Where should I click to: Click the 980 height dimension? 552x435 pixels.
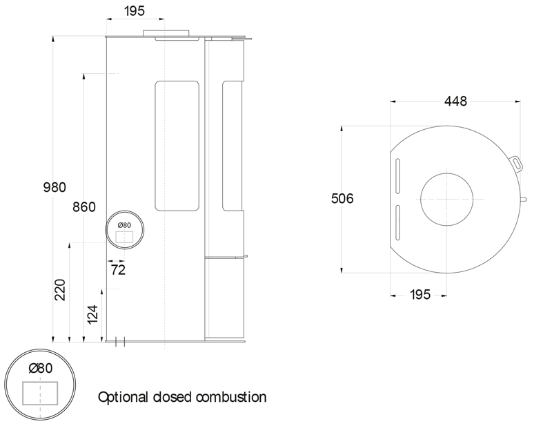[55, 187]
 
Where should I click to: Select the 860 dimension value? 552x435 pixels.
[83, 207]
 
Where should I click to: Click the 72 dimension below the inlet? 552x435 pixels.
[118, 270]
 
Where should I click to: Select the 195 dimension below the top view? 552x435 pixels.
[420, 295]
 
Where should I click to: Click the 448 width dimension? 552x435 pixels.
[455, 101]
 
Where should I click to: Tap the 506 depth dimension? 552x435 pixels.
[342, 199]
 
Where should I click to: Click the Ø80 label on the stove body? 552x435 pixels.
[124, 225]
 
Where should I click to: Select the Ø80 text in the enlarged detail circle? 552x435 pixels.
[41, 368]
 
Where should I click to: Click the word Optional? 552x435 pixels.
[124, 397]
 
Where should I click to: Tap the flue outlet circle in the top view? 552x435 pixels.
[447, 199]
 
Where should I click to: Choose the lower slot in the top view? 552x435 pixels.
[398, 222]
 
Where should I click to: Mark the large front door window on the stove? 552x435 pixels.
[177, 146]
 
